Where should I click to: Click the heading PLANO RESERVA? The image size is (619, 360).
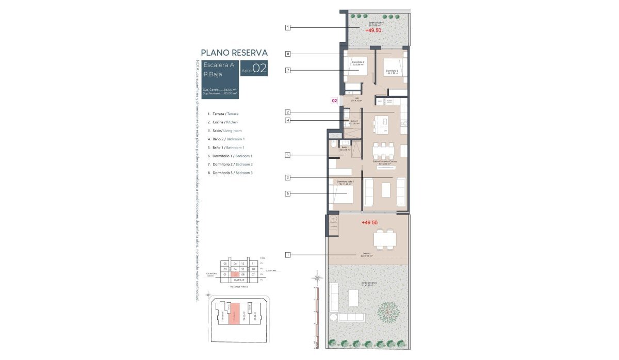(234, 53)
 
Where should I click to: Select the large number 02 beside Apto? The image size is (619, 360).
(260, 69)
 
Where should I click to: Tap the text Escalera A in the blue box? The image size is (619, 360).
(219, 66)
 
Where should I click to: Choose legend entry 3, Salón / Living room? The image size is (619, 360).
(224, 130)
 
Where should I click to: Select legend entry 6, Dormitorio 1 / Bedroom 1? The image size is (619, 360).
(230, 156)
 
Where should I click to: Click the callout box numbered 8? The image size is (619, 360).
(288, 54)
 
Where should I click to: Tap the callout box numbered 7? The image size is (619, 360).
(288, 70)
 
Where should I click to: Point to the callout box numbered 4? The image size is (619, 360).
(288, 121)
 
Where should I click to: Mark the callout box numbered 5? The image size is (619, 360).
(288, 155)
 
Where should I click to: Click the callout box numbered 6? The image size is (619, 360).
(288, 193)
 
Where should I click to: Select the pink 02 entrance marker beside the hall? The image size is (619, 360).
(334, 101)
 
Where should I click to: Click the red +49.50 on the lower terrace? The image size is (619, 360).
(369, 222)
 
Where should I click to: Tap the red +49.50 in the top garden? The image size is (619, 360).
(373, 30)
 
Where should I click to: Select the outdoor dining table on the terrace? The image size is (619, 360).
(385, 239)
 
